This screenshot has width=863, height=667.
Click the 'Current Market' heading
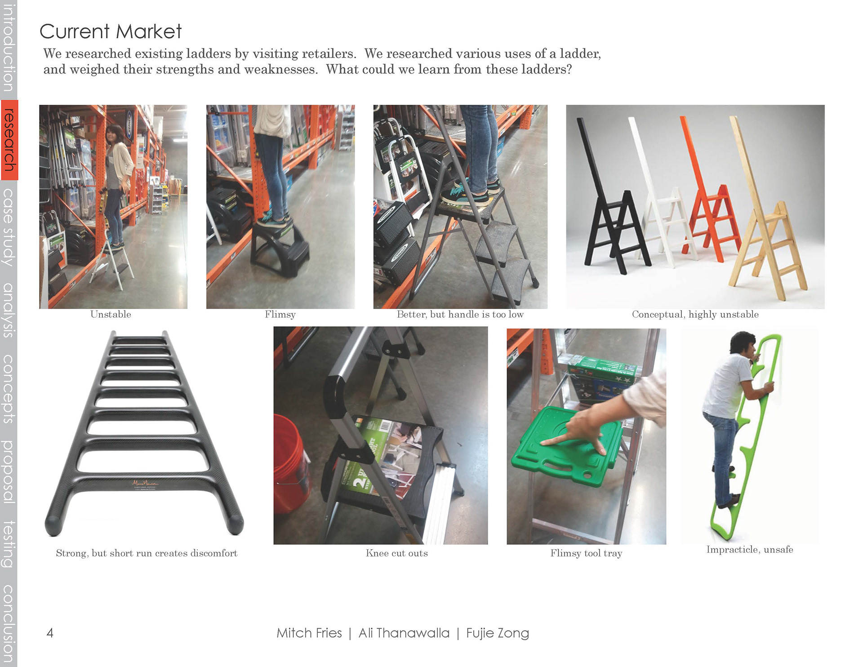[111, 31]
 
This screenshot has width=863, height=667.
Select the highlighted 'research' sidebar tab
[9, 140]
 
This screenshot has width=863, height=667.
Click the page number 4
[50, 633]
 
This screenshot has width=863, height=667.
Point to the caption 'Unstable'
[111, 314]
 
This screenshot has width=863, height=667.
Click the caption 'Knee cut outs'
[397, 553]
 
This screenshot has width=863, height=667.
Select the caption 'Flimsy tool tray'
[586, 553]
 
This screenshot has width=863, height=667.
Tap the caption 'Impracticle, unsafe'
[750, 550]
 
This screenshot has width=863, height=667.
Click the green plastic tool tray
[567, 445]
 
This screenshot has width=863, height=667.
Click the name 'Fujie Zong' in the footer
[498, 633]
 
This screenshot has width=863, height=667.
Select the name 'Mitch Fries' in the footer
[309, 633]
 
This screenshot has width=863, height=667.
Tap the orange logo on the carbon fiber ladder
[145, 484]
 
